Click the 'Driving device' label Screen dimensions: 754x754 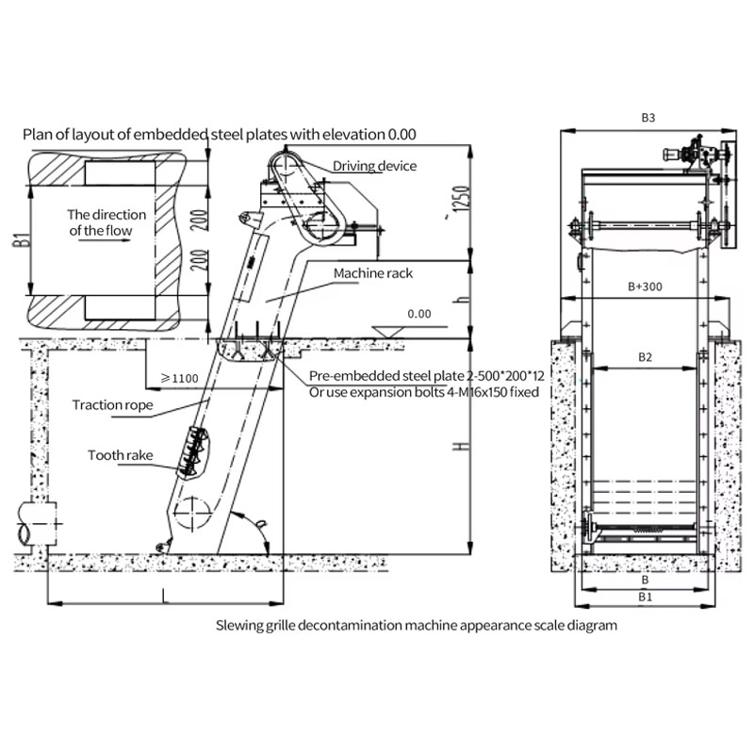[374, 166]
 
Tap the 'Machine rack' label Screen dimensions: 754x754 [373, 273]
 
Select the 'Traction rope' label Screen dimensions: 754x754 [112, 405]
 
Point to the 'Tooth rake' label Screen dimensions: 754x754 [121, 455]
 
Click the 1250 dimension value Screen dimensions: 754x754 [460, 199]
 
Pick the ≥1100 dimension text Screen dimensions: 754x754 [179, 379]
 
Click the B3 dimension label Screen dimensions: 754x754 [648, 118]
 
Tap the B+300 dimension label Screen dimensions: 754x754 [645, 287]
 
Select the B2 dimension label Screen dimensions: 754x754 [645, 357]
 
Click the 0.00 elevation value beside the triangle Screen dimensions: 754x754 [419, 314]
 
